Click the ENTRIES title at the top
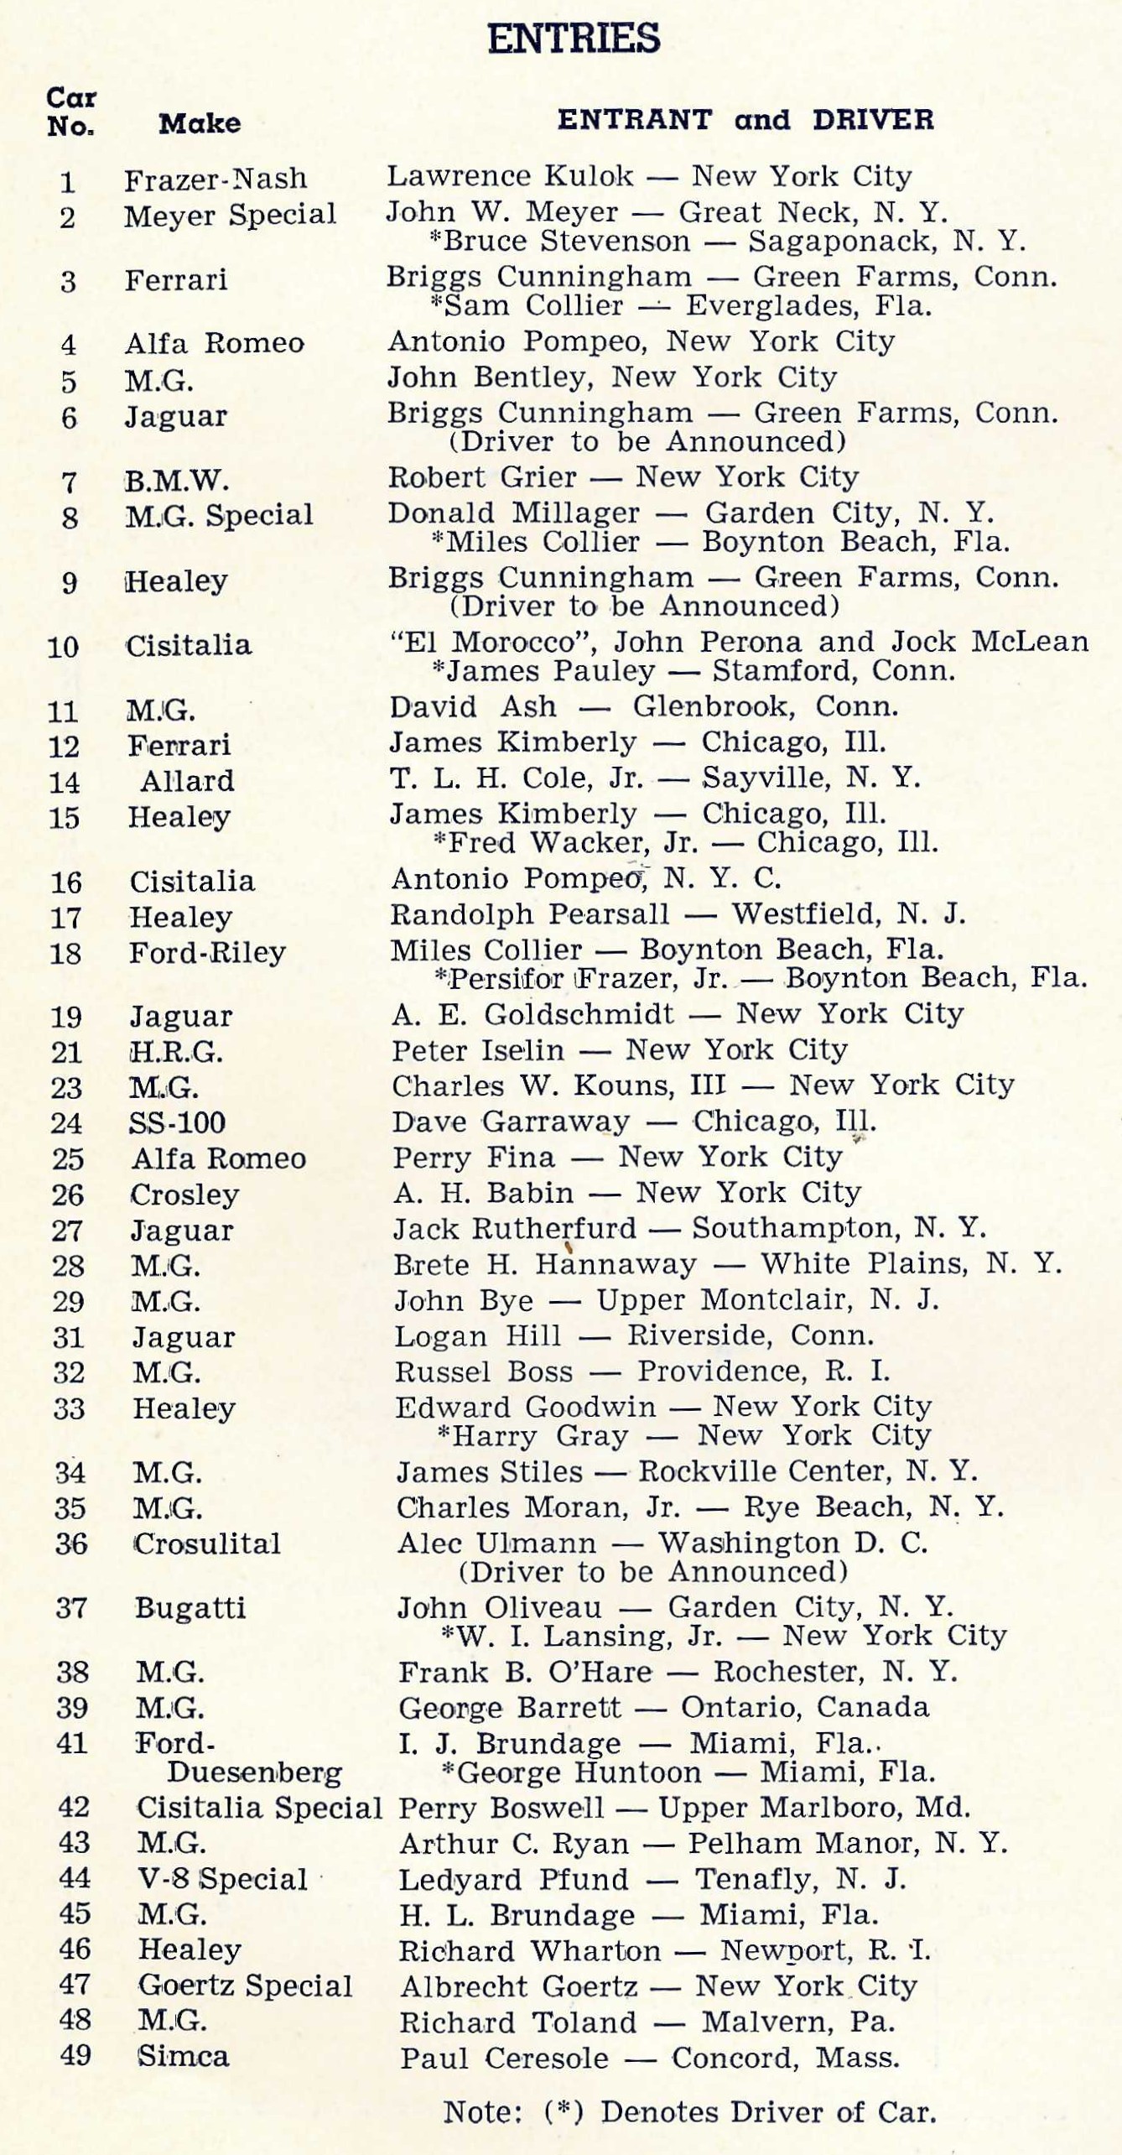click(574, 39)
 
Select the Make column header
click(200, 123)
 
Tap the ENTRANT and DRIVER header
click(745, 119)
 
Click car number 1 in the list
click(67, 182)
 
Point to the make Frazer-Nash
click(216, 179)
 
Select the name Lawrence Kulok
click(510, 175)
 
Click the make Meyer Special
click(230, 215)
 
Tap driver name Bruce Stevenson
click(567, 242)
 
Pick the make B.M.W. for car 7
click(177, 481)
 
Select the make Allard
click(187, 781)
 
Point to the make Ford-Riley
click(207, 952)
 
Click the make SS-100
click(177, 1122)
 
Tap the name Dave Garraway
click(511, 1122)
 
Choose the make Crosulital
click(207, 1543)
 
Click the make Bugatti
click(190, 1607)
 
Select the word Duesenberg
click(254, 1772)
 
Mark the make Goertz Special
click(245, 1986)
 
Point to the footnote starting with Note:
click(689, 2111)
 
